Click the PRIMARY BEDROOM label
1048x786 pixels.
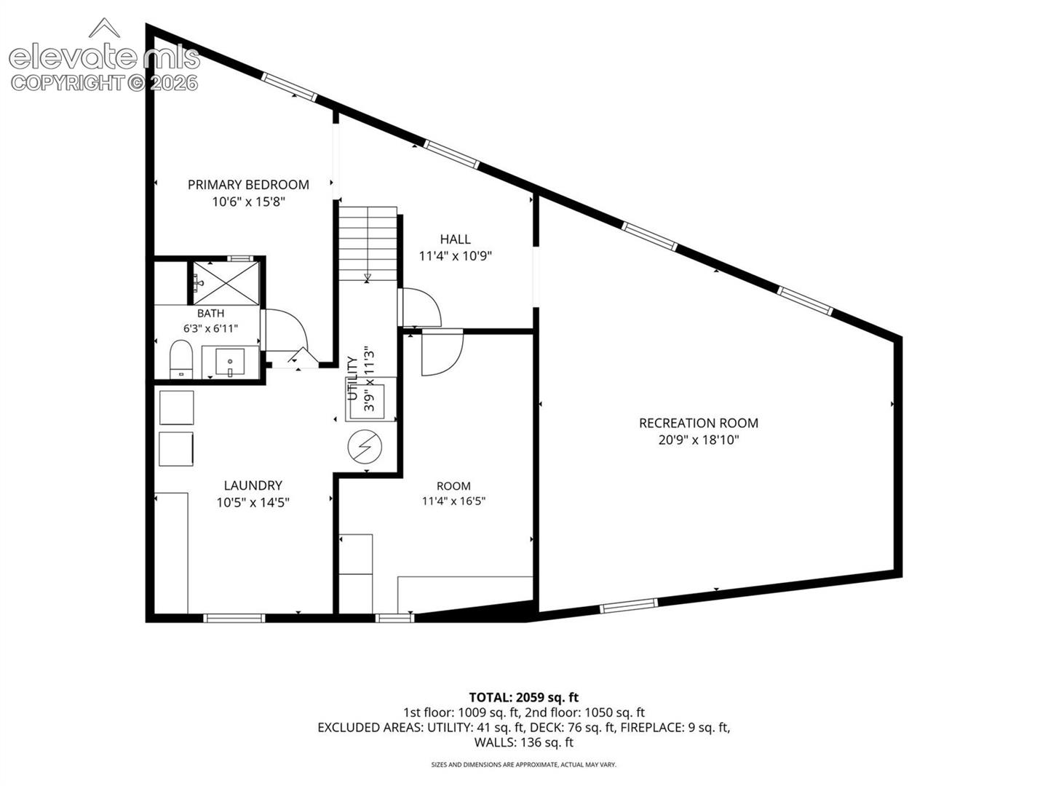coord(248,185)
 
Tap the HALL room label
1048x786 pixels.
coord(455,239)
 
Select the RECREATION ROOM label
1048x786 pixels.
coord(699,423)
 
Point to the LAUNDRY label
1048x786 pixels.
coord(253,485)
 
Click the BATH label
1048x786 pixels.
coord(210,313)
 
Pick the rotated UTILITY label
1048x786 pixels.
coord(352,378)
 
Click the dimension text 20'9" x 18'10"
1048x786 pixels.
coord(699,440)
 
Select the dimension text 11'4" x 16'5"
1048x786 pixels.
coord(453,501)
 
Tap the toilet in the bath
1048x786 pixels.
coord(181,359)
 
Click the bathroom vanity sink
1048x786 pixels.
coord(230,362)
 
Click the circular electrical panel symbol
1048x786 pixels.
coord(365,447)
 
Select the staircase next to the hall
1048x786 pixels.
coord(368,243)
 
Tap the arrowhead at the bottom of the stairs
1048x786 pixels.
coord(367,277)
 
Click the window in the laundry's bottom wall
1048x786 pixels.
coord(234,618)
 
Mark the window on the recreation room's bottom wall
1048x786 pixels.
coord(628,606)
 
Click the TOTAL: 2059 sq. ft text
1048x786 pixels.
coord(524,697)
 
